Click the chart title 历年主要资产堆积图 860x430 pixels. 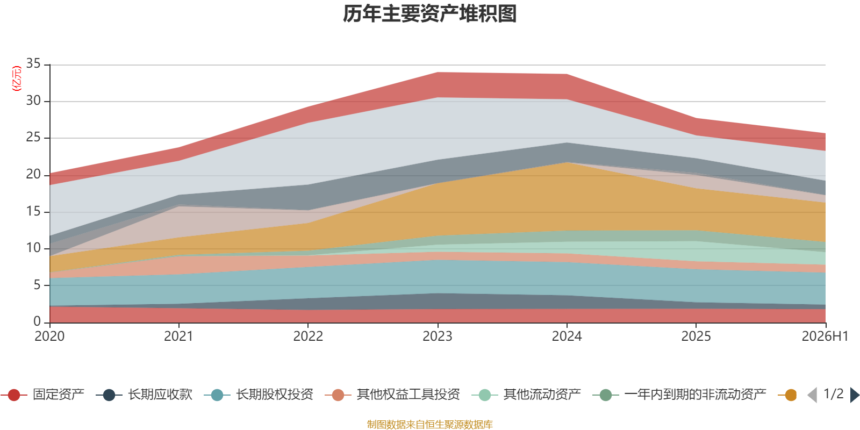(429, 14)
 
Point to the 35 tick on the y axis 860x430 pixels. (33, 64)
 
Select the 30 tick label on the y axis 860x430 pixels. (33, 101)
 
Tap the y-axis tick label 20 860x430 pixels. (33, 174)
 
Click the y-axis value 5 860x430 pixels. (37, 285)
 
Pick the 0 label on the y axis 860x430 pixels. (37, 321)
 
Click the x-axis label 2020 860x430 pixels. (49, 336)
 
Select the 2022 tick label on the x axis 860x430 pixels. (309, 336)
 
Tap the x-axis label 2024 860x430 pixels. (567, 336)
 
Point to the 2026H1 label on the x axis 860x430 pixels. (825, 336)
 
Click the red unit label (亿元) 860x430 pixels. (17, 78)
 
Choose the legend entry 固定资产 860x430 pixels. (42, 395)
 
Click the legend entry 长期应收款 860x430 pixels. (145, 395)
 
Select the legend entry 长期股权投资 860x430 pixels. (259, 395)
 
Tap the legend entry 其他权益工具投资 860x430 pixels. (392, 395)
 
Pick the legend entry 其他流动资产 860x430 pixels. (526, 395)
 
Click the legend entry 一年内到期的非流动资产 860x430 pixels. (679, 395)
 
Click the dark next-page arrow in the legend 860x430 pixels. (855, 395)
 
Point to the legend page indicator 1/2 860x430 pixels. (834, 394)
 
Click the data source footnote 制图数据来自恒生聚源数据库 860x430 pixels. (429, 424)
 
